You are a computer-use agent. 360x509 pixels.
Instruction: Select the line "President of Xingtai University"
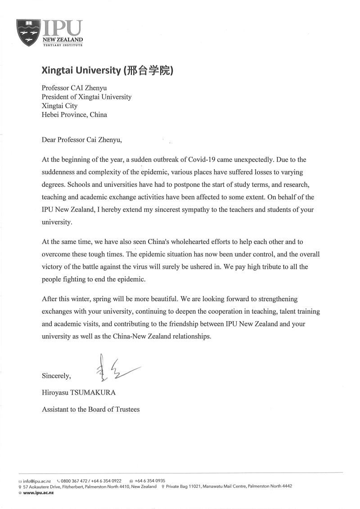[87, 97]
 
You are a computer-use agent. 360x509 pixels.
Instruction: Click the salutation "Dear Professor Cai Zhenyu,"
[82, 140]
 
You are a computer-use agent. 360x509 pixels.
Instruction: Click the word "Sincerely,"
[56, 375]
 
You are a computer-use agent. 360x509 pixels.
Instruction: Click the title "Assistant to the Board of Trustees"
[91, 409]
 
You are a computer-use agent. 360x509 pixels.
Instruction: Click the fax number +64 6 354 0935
[150, 481]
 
